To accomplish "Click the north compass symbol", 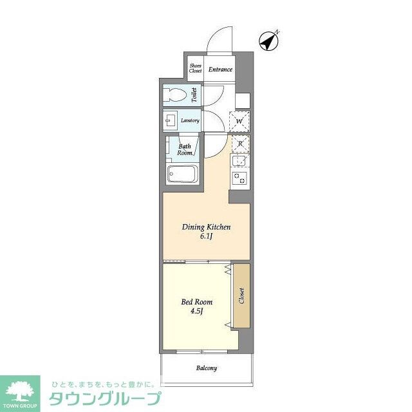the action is pos(268,41).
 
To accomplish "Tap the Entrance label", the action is pos(220,70).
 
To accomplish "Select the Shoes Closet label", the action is pos(196,68).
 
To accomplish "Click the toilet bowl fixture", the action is pos(174,95).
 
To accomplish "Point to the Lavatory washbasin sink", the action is pos(170,121).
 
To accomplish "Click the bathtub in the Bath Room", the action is pos(183,174).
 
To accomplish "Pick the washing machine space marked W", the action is pos(239,122).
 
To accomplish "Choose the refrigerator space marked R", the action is pos(240,144).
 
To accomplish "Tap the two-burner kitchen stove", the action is pos(239,178).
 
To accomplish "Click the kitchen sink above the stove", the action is pos(239,160).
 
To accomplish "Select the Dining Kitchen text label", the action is pos(206,227).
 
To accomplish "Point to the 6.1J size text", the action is pos(206,236).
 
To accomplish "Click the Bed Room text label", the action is pos(197,302).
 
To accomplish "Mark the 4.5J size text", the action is pos(197,312).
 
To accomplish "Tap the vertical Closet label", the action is pos(241,296).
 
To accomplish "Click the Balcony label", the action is pos(207,368).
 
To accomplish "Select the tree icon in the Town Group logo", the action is pos(20,390).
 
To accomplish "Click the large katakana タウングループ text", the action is pos(105,398).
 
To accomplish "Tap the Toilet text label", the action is pos(194,95).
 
